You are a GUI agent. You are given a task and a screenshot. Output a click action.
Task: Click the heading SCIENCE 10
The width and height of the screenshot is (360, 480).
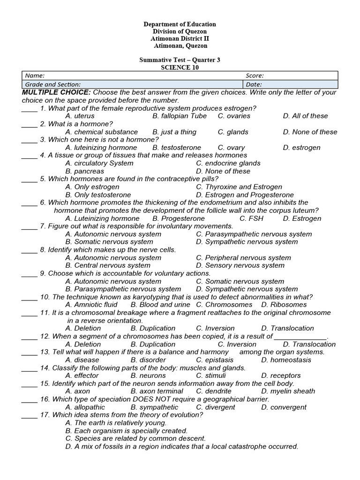[x=180, y=67]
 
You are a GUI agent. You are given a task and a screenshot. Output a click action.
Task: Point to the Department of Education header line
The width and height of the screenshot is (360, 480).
[x=180, y=24]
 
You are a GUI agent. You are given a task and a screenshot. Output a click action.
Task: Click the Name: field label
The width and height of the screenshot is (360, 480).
[x=35, y=75]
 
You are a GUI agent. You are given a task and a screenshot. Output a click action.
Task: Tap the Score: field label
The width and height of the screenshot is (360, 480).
[x=255, y=75]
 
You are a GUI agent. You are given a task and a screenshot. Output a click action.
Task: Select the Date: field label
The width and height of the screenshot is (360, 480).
[x=253, y=84]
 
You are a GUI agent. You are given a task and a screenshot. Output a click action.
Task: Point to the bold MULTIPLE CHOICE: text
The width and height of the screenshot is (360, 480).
[x=56, y=92]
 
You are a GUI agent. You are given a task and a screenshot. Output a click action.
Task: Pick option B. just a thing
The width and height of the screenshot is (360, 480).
[x=174, y=132]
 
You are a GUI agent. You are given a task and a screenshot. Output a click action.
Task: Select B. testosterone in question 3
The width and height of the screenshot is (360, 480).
[x=177, y=148]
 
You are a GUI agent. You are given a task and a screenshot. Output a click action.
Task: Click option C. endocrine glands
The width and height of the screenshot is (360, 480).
[x=228, y=163]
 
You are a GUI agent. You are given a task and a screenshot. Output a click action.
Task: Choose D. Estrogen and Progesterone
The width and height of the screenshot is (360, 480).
[x=245, y=195]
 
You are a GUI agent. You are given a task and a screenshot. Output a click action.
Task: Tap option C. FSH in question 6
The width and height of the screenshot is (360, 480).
[x=251, y=218]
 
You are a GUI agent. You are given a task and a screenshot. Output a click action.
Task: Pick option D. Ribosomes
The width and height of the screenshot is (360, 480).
[x=284, y=305]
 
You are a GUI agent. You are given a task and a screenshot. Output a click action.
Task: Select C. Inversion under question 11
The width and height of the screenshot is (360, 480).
[x=215, y=328]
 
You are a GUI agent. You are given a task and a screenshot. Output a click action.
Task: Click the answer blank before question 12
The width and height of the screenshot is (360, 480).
[x=29, y=337]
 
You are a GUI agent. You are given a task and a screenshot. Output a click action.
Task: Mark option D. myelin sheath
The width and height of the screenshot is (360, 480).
[x=288, y=391]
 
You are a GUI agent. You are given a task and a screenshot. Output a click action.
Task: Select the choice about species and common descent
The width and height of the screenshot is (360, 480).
[x=135, y=439]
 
